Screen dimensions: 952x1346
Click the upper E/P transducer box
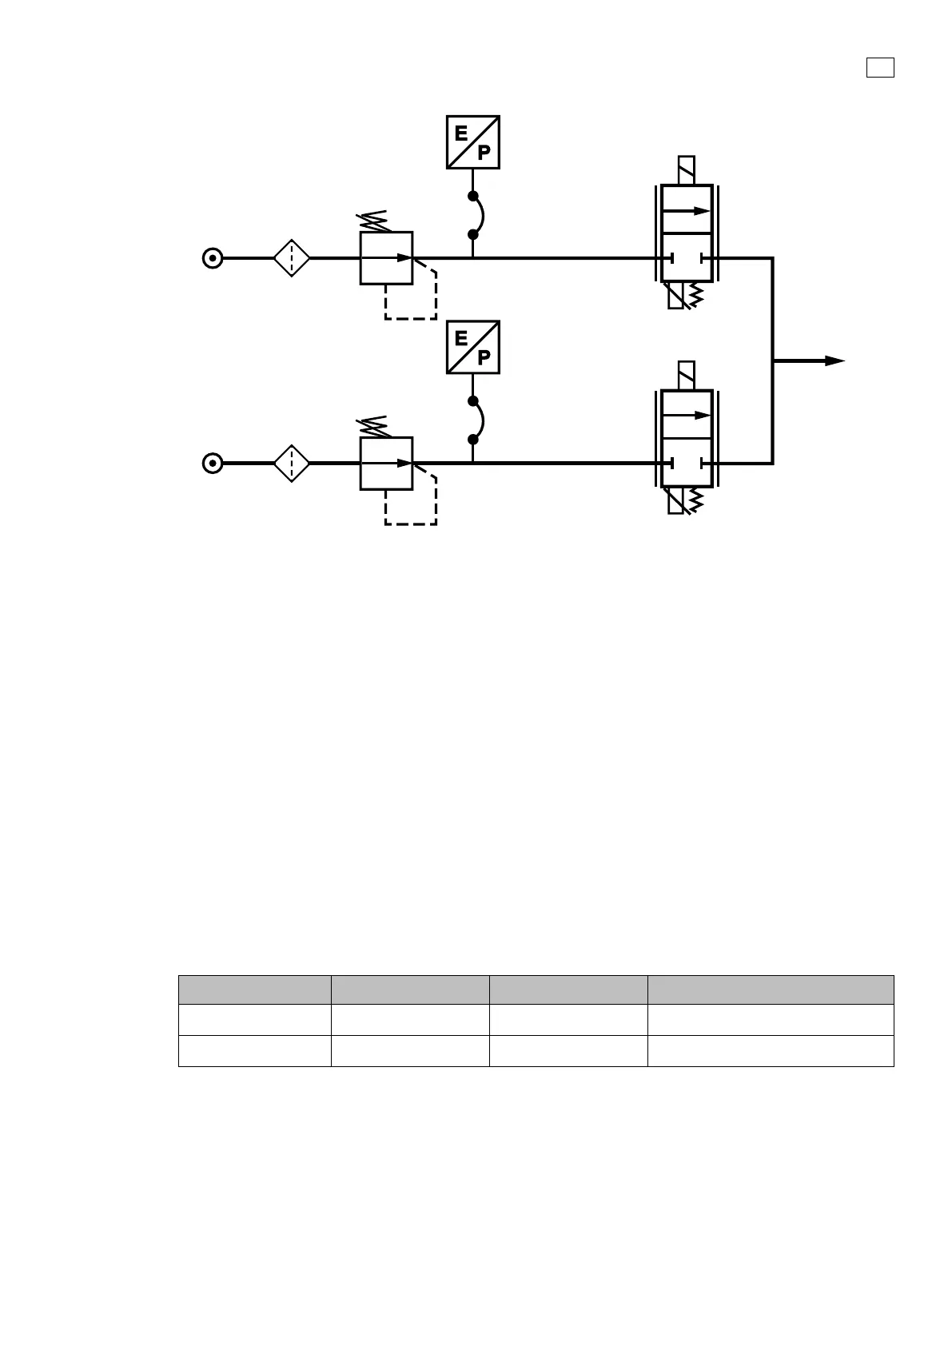pyautogui.click(x=472, y=142)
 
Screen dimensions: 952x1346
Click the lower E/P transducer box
pyautogui.click(x=472, y=347)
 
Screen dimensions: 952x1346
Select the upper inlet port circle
pyautogui.click(x=212, y=258)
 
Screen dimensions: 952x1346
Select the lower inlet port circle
pyautogui.click(x=212, y=463)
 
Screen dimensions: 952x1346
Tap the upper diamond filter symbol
pyautogui.click(x=292, y=258)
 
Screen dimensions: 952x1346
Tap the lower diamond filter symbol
pyautogui.click(x=292, y=463)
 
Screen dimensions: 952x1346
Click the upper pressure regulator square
pyautogui.click(x=386, y=258)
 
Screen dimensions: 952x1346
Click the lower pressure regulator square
pyautogui.click(x=386, y=463)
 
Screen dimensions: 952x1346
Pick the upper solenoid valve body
pyautogui.click(x=687, y=233)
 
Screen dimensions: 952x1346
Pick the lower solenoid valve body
pyautogui.click(x=687, y=438)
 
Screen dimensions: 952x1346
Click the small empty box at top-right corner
pyautogui.click(x=879, y=68)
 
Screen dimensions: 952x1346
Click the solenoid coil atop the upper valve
pyautogui.click(x=686, y=170)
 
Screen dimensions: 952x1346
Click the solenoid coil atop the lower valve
pyautogui.click(x=686, y=376)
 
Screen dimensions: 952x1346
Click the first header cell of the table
pyautogui.click(x=254, y=990)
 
